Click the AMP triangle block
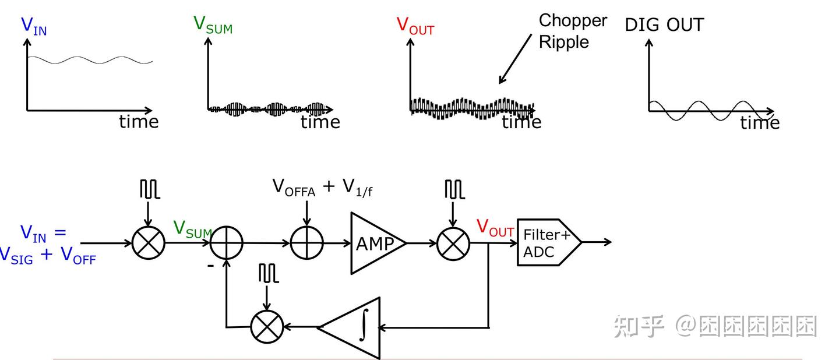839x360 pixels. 376,243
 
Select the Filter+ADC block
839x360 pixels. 549,242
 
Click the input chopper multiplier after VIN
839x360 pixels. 149,243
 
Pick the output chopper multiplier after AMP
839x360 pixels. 453,243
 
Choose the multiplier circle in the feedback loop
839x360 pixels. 267,327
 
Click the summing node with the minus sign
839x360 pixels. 226,243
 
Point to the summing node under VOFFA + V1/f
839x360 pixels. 306,243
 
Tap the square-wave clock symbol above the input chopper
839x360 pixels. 150,189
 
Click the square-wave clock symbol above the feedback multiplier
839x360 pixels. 269,273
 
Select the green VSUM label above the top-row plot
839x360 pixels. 213,25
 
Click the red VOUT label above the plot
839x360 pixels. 415,26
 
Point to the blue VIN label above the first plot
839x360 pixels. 34,26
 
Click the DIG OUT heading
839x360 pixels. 664,24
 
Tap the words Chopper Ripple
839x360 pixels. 573,31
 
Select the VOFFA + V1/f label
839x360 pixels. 322,188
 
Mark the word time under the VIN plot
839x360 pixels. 139,122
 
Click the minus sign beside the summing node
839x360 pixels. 210,266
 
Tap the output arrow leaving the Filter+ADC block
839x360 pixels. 597,242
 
